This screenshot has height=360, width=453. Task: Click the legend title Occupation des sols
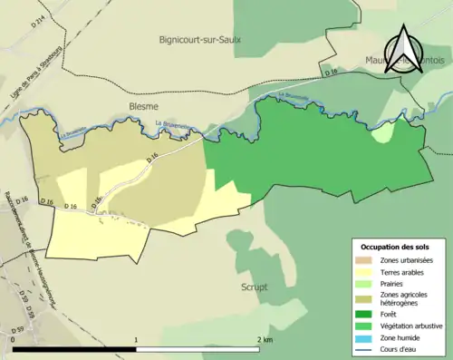[x=397, y=247]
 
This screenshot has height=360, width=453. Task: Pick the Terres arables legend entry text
[x=407, y=271]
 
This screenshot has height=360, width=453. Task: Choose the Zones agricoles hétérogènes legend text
[x=408, y=298]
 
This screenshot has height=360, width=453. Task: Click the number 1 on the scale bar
[x=136, y=340]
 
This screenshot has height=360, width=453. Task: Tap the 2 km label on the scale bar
[x=264, y=340]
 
